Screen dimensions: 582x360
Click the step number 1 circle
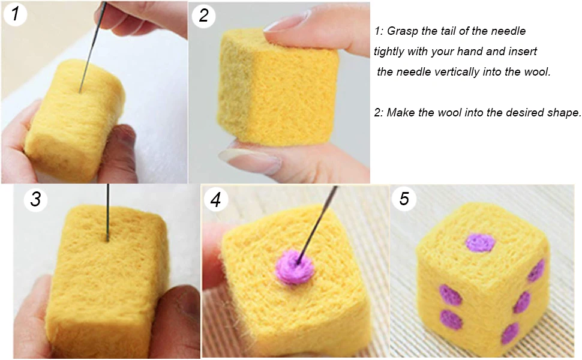tap(15, 14)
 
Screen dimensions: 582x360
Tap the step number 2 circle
tap(203, 16)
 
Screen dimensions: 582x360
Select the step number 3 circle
tap(35, 199)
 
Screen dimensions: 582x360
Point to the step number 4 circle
tap(215, 199)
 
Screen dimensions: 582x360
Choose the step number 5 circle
tap(404, 199)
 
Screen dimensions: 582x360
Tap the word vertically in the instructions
tap(457, 71)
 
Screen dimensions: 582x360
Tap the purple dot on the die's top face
tap(481, 243)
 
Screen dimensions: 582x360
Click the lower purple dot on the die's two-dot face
tap(452, 320)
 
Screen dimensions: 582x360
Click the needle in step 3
tap(108, 212)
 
